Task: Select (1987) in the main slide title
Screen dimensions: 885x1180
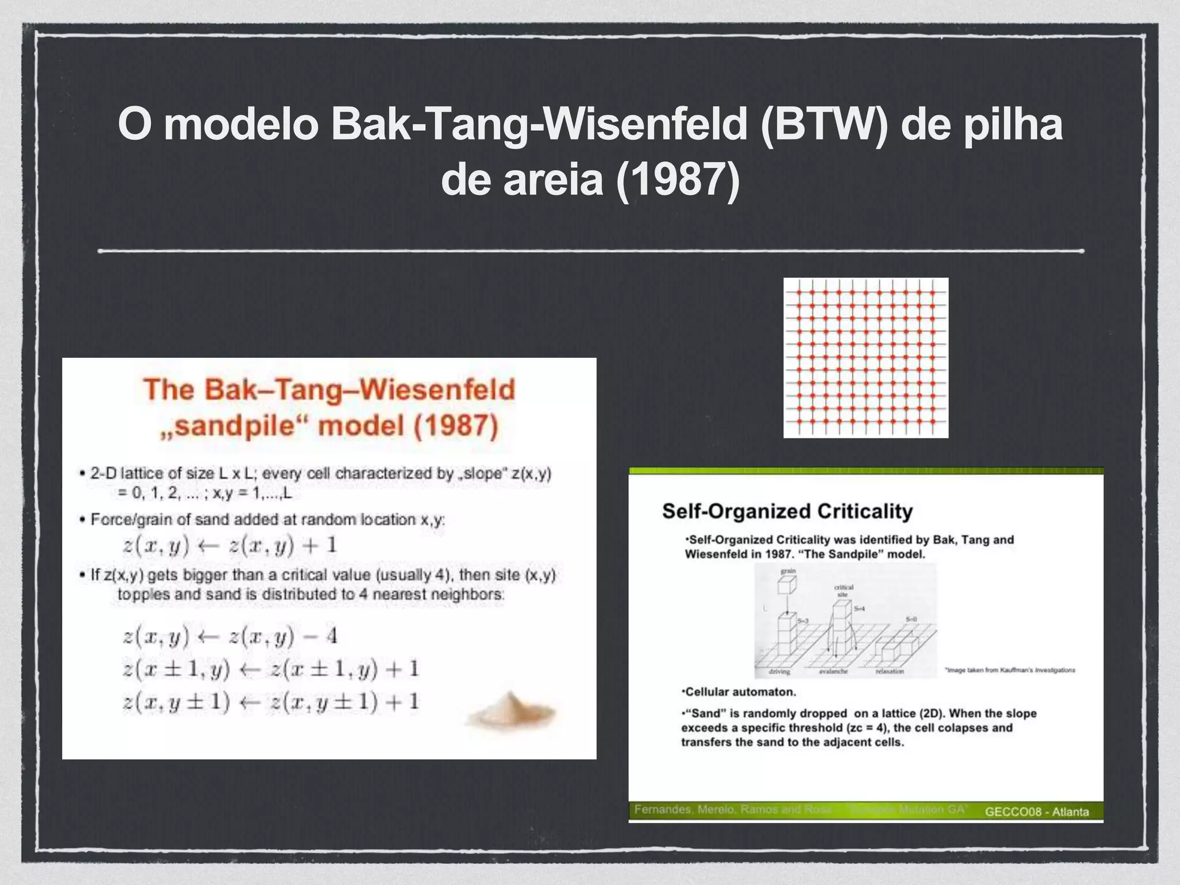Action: [x=677, y=180]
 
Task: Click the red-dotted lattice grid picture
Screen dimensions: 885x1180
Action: [x=865, y=358]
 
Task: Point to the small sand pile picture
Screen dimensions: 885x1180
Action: [x=510, y=709]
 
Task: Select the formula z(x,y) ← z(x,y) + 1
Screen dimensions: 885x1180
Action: [x=230, y=545]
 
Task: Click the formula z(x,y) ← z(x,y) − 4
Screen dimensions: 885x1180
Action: [x=230, y=636]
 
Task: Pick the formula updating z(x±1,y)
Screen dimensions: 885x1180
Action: [x=271, y=669]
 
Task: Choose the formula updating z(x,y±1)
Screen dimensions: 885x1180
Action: [x=271, y=702]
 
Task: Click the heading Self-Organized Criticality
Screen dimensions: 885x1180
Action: [x=787, y=511]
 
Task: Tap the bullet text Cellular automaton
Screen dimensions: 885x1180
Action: [x=739, y=691]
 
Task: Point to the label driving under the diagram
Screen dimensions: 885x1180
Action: [x=780, y=672]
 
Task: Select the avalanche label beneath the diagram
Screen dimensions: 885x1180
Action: [x=833, y=672]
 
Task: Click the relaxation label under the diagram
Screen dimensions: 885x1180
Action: [x=890, y=672]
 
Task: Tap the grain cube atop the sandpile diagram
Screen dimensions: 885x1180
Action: [x=786, y=585]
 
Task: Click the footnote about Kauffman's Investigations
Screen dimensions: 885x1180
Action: [x=1010, y=670]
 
